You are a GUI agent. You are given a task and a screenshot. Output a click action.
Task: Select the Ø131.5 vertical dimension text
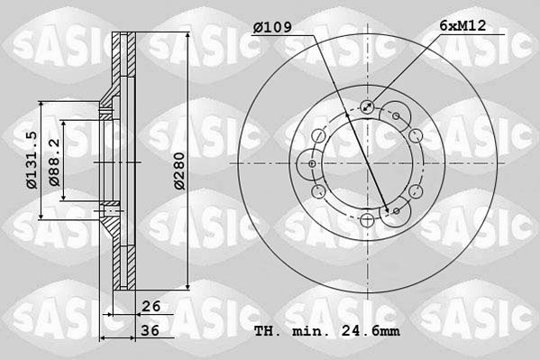[x=31, y=160]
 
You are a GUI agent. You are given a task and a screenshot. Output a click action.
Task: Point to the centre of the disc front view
[x=367, y=164]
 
